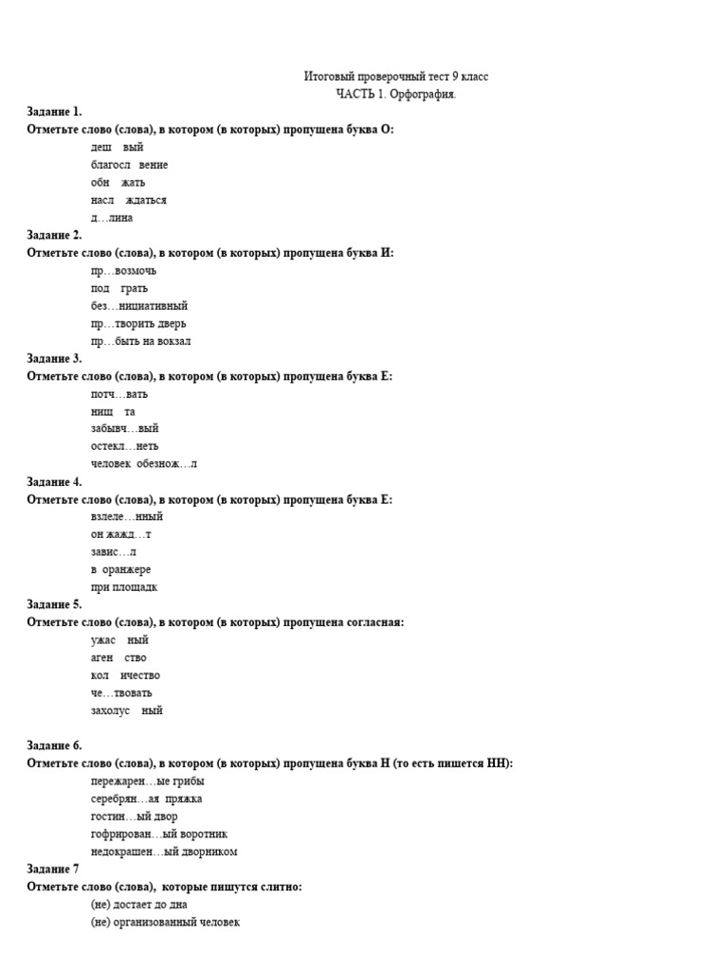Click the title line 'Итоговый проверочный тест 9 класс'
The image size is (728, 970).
click(x=396, y=77)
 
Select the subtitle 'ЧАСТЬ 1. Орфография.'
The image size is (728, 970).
click(x=395, y=94)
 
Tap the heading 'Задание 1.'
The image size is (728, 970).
click(x=55, y=112)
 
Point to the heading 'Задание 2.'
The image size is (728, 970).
click(x=55, y=235)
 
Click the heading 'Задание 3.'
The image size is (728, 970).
click(x=55, y=358)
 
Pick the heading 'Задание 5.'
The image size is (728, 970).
click(x=55, y=604)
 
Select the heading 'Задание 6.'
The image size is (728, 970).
click(x=55, y=745)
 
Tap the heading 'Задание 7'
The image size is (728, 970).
click(x=53, y=869)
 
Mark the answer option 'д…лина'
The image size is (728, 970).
click(x=112, y=218)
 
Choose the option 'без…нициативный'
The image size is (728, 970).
click(x=138, y=306)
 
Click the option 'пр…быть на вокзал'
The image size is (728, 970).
click(x=140, y=341)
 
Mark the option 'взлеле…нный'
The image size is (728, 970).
click(x=127, y=517)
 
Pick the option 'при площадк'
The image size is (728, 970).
click(x=124, y=587)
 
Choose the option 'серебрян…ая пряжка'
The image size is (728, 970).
click(x=146, y=799)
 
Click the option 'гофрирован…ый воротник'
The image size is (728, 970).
click(x=158, y=834)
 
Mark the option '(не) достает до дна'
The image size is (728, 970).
click(x=138, y=905)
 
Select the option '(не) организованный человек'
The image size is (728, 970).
click(x=165, y=922)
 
